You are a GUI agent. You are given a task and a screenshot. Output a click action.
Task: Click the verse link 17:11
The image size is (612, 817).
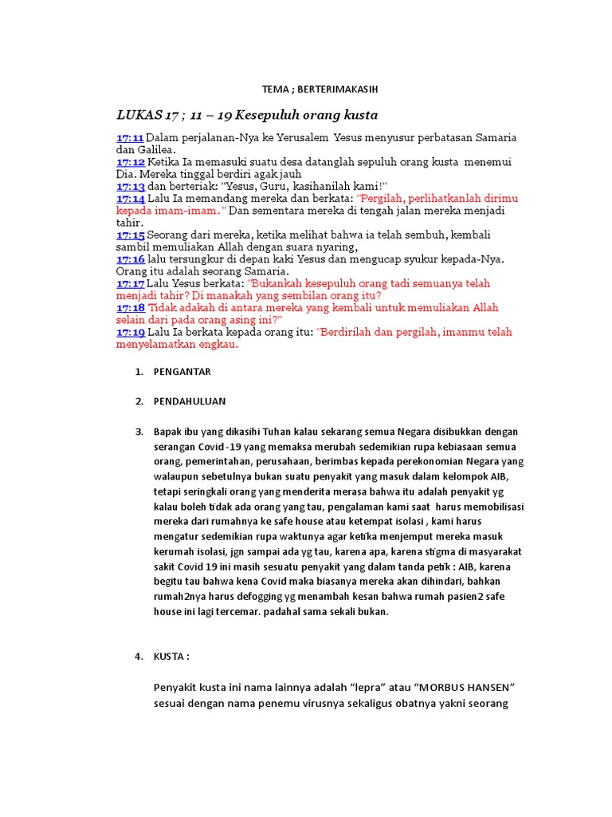pos(130,138)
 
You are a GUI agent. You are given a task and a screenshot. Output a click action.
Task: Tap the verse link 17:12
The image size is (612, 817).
pos(130,162)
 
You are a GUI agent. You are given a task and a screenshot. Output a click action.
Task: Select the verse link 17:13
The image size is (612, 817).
pos(130,186)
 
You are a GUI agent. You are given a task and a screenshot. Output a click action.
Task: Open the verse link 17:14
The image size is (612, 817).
pos(130,199)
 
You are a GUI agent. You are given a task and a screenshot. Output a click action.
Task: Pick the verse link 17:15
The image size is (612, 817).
pos(130,235)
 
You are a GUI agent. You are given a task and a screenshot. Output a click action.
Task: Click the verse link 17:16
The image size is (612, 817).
pos(130,259)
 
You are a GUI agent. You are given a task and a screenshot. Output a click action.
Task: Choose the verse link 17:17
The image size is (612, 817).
pos(130,283)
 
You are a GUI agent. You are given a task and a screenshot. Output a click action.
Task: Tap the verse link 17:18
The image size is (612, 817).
pos(130,308)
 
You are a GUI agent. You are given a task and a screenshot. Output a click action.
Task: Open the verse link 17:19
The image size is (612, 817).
pos(130,332)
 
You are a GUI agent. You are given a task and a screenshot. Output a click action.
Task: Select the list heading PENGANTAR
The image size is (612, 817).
pos(182,372)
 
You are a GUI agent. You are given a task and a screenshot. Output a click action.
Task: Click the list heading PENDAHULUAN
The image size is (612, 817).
pos(190,401)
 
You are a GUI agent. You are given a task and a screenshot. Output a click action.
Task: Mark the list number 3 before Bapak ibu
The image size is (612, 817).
pos(138,432)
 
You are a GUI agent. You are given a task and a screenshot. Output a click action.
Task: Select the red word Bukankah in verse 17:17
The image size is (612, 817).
pos(278,283)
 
